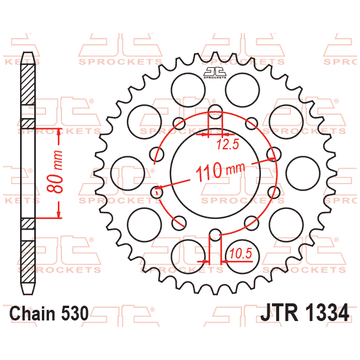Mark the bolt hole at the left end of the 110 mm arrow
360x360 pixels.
click(157, 191)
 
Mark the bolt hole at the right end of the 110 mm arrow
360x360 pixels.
click(271, 155)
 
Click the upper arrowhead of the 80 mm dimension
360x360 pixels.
click(59, 132)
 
